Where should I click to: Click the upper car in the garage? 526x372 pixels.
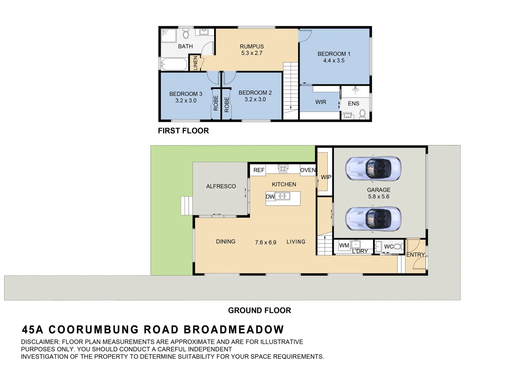click(x=373, y=169)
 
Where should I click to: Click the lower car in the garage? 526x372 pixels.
click(x=373, y=219)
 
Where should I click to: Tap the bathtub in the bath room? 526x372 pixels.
click(x=174, y=64)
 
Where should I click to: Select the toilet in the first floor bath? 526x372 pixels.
click(x=186, y=34)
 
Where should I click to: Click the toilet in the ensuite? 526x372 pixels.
click(x=362, y=113)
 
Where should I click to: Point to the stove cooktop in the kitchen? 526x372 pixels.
click(x=283, y=169)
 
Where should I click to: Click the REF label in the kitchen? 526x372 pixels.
click(x=259, y=170)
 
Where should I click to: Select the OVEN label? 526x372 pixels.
click(x=308, y=170)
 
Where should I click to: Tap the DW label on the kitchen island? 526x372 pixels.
click(x=270, y=197)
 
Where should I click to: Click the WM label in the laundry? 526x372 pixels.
click(x=344, y=246)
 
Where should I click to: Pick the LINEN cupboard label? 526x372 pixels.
click(x=196, y=63)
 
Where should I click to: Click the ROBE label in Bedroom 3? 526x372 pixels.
click(x=216, y=103)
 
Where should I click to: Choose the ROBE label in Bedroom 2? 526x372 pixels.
click(x=227, y=104)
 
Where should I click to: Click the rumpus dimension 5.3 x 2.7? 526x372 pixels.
click(x=252, y=53)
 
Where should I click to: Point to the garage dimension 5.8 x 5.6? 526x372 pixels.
click(x=379, y=197)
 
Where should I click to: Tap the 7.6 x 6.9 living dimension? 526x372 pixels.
click(x=265, y=242)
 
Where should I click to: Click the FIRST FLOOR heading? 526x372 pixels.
click(x=183, y=131)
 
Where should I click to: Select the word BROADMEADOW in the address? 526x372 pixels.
click(x=233, y=330)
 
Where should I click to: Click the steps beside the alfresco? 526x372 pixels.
click(x=186, y=206)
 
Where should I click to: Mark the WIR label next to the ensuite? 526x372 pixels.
click(x=320, y=102)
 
